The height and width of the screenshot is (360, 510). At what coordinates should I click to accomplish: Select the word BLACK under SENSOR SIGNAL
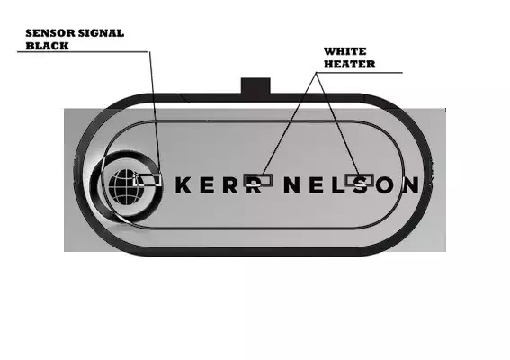[x=47, y=46]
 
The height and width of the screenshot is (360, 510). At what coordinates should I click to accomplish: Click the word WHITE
[x=345, y=51]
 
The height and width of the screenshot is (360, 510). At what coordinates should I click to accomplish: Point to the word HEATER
[x=349, y=64]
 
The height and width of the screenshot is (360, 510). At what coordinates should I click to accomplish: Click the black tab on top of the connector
[x=255, y=85]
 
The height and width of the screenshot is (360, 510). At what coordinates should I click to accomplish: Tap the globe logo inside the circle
[x=127, y=187]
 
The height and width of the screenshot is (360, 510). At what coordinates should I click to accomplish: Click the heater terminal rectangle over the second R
[x=258, y=180]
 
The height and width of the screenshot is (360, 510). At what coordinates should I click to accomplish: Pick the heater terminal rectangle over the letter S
[x=359, y=180]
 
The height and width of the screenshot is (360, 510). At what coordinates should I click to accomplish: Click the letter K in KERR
[x=183, y=185]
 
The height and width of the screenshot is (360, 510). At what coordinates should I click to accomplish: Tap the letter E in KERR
[x=207, y=185]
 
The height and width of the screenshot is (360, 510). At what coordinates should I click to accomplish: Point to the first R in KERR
[x=230, y=185]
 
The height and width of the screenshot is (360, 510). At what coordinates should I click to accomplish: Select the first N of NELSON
[x=291, y=185]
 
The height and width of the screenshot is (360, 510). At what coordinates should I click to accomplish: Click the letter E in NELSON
[x=316, y=185]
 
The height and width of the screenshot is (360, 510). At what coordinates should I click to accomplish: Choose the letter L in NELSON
[x=338, y=185]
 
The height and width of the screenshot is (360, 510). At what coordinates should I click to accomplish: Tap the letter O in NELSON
[x=386, y=185]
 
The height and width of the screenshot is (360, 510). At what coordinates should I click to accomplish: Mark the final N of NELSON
[x=411, y=185]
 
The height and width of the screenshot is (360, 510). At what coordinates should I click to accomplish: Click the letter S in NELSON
[x=361, y=185]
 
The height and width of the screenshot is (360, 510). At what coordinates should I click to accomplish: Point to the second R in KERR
[x=255, y=185]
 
